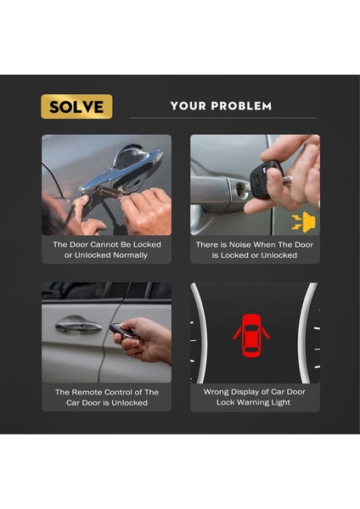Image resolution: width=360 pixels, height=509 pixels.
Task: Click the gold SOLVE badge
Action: coord(76,107)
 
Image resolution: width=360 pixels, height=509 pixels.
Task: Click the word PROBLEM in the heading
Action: coord(241,106)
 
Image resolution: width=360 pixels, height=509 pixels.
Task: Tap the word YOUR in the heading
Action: coord(188,106)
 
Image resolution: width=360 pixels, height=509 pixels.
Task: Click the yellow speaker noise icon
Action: coord(303,222)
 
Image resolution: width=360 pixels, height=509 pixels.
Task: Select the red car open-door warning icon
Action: coord(251,335)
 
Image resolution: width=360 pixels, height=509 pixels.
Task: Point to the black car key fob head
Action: coord(265,179)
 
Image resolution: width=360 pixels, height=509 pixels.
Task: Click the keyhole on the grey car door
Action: coord(241,190)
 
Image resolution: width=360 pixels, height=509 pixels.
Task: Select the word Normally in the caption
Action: coord(130,255)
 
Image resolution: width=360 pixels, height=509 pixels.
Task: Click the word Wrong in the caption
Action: coord(214,392)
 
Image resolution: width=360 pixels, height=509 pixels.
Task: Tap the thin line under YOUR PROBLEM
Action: coord(223,118)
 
